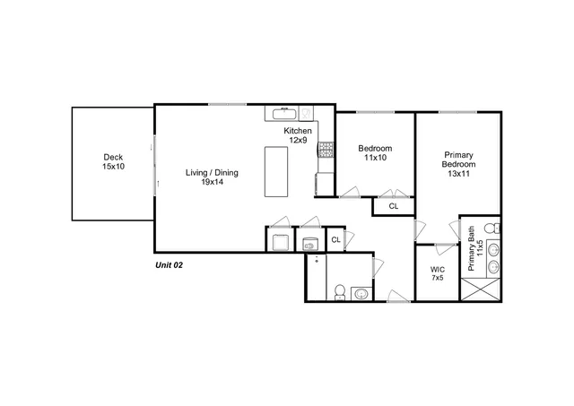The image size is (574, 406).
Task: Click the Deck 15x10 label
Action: pos(112,162)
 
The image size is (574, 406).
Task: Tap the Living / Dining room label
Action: pos(212,177)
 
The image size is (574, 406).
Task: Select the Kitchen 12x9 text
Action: pos(298,135)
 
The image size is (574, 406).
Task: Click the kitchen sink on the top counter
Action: pos(283,113)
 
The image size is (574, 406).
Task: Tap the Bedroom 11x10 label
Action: pos(374,152)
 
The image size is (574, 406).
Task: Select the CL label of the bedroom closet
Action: pos(393,206)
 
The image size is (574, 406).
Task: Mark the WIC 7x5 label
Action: pos(437,273)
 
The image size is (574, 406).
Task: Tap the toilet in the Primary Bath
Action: pos(492,229)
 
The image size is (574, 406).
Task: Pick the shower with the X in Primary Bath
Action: pos(480,289)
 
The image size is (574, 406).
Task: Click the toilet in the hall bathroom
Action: pos(340,291)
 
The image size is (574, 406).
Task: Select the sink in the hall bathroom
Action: pos(361,292)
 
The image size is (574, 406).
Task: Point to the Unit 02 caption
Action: pos(170,265)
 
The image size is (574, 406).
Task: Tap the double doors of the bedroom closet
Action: pos(392,193)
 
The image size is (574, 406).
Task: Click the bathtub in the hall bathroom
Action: pos(315,278)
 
